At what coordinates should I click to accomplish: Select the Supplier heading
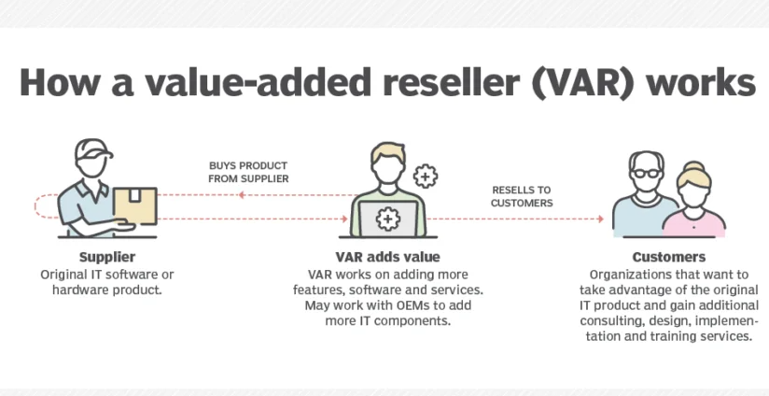107,257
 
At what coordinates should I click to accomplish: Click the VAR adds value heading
387,257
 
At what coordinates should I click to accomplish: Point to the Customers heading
669,257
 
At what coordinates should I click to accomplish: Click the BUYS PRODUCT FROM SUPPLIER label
248,172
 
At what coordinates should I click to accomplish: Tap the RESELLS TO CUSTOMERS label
522,196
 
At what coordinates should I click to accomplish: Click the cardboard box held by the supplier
135,206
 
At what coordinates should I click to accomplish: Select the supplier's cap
93,148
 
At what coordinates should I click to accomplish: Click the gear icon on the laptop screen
387,219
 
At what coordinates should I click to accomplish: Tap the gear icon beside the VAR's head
426,176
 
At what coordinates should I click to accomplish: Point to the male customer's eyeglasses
646,173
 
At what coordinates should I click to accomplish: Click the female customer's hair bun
693,167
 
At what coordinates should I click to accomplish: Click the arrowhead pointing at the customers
600,219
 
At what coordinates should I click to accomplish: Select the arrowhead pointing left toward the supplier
242,195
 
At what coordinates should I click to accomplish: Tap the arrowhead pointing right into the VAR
344,219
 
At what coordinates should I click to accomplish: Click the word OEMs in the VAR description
410,305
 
